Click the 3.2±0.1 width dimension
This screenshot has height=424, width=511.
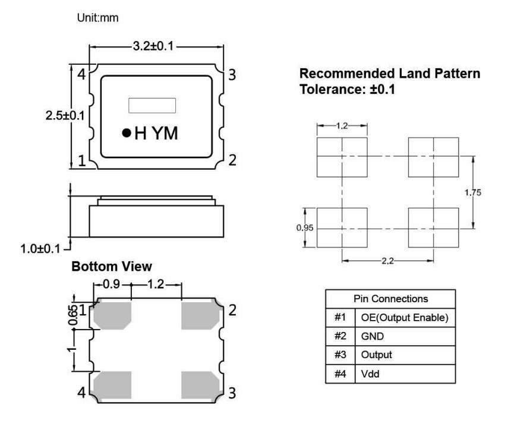pos(156,46)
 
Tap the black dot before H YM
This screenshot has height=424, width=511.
pos(126,133)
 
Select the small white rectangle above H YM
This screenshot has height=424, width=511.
pos(153,105)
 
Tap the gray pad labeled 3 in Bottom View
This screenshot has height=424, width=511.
pos(200,383)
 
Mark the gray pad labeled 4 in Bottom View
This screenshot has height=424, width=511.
pos(112,383)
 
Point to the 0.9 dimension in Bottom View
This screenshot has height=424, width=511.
pos(112,284)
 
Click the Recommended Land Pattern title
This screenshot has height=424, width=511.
pos(390,74)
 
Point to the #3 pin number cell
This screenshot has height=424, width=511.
pos(338,355)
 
